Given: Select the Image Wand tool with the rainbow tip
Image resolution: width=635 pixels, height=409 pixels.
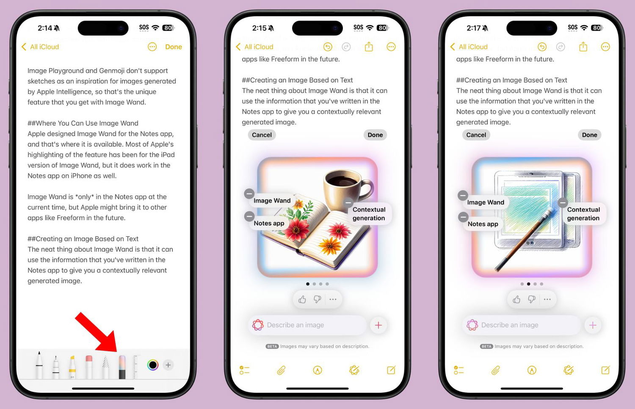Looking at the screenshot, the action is (122, 367).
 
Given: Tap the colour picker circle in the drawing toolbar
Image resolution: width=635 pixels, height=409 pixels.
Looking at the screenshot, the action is (152, 365).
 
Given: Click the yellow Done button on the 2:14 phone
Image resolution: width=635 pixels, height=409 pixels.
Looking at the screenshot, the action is (174, 47).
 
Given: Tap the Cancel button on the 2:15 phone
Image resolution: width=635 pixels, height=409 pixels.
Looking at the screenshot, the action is (262, 135).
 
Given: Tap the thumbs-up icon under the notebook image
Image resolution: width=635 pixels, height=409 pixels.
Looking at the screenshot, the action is (302, 299).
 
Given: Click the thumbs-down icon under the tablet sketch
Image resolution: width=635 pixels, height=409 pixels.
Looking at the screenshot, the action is (532, 299).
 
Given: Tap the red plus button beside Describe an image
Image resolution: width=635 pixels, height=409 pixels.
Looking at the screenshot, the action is (378, 325).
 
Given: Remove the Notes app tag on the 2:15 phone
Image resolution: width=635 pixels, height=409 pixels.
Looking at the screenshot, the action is (249, 216).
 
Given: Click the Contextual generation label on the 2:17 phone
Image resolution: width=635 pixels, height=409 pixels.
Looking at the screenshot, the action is (583, 214).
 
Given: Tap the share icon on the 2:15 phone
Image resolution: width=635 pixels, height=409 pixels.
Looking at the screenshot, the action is (369, 47).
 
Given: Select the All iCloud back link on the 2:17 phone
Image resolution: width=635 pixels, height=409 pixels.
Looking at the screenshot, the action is (469, 47).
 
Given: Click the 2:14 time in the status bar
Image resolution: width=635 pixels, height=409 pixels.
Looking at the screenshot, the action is (45, 28).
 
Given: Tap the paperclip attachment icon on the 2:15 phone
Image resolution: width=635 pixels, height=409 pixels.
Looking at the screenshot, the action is (281, 370).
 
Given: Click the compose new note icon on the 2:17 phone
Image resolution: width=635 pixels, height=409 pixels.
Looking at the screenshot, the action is (605, 370).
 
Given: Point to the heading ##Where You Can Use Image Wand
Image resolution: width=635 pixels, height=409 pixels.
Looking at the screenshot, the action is (83, 123).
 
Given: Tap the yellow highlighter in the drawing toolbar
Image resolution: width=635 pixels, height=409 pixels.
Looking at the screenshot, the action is (72, 367).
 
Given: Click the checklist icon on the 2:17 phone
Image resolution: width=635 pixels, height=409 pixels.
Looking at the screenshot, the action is (458, 370).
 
